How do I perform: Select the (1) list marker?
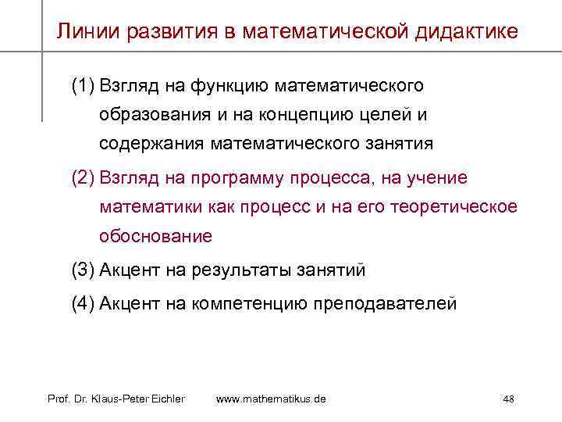point(81,84)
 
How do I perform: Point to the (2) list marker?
point(81,178)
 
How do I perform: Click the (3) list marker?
point(81,271)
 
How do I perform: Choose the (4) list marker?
point(81,304)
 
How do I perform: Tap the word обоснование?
point(155,235)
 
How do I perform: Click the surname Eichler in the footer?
point(165,399)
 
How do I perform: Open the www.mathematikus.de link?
point(271,399)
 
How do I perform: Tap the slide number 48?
point(508,399)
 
